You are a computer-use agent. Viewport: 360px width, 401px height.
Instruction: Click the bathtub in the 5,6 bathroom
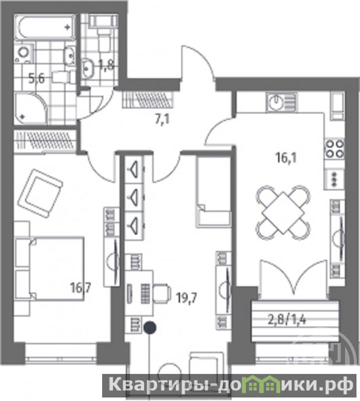(45, 28)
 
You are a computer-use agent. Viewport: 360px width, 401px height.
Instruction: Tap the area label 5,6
(37, 79)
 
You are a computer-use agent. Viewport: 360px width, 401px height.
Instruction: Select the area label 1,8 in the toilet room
(106, 65)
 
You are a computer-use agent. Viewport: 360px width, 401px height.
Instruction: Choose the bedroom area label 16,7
(81, 289)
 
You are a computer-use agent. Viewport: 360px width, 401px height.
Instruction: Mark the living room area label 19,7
(187, 298)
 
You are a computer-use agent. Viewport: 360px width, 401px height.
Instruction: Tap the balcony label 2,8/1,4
(287, 320)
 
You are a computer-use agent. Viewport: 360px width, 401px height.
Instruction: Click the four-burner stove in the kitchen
(334, 148)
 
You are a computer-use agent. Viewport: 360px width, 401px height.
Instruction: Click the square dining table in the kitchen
(283, 212)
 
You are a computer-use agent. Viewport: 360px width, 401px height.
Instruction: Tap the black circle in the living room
(150, 327)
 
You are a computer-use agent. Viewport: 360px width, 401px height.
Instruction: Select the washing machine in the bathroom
(24, 54)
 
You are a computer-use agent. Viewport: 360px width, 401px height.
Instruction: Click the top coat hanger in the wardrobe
(133, 168)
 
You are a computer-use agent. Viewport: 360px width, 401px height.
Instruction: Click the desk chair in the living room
(162, 293)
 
